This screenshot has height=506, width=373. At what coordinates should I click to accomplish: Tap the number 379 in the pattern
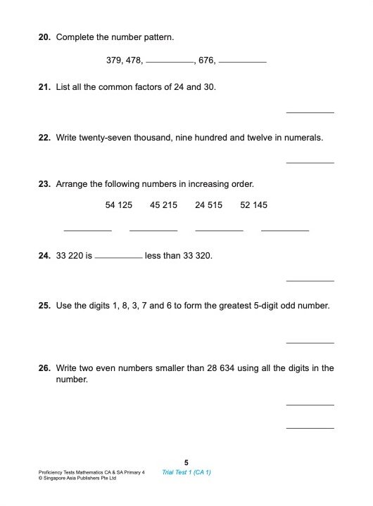[x=114, y=61]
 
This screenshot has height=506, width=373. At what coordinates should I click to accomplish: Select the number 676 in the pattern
[x=206, y=61]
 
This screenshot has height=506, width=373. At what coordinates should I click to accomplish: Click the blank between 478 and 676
[x=170, y=63]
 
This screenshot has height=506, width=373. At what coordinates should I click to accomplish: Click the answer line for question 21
[x=310, y=112]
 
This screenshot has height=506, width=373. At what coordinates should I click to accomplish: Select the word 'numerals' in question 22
[x=304, y=138]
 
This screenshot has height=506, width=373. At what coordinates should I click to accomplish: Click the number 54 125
[x=119, y=205]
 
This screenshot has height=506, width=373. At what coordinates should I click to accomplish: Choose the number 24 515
[x=209, y=205]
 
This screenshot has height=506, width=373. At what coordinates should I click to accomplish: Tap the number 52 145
[x=253, y=205]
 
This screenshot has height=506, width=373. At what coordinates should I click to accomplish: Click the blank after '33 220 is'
[x=118, y=258]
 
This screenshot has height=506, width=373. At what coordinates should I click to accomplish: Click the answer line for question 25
[x=310, y=342]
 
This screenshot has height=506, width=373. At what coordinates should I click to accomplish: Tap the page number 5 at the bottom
[x=186, y=462]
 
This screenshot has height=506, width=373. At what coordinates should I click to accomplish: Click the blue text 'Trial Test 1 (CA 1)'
[x=186, y=472]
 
